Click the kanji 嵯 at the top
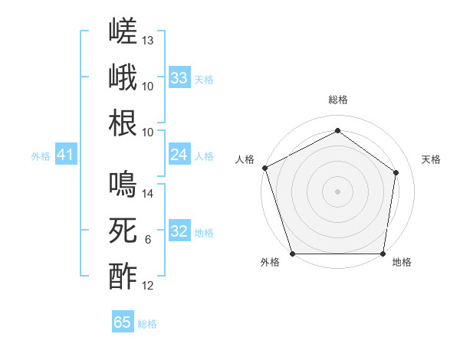pos(123,31)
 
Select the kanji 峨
pos(123,77)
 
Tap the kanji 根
pos(123,123)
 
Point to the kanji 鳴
pos(123,184)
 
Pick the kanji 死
pos(123,230)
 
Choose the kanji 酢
pos(123,277)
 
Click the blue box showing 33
pos(179,77)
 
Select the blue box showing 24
pos(179,154)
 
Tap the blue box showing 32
pos(179,230)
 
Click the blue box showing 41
pos(66,154)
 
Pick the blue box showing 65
pos(123,321)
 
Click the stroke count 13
pos(147,41)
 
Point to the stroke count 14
pos(147,194)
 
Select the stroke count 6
pos(148,240)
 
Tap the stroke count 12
pos(147,286)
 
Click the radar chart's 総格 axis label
pos(338,100)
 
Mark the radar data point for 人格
pos(265,168)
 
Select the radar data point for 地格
pos(383,254)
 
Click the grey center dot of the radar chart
pos(337,191)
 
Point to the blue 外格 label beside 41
pos(41,156)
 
